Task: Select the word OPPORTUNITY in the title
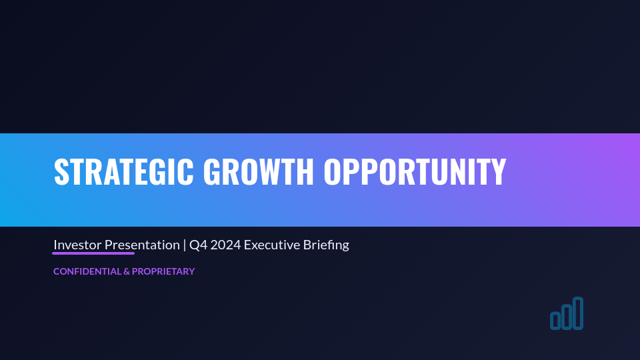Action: (x=415, y=172)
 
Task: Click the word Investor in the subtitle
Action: (x=77, y=245)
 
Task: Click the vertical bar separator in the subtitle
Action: (x=185, y=245)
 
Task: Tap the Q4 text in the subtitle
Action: (x=197, y=245)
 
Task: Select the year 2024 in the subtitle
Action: (x=223, y=245)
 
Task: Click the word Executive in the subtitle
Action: (x=269, y=245)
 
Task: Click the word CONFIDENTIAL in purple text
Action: (x=87, y=271)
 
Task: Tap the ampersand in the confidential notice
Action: (x=126, y=271)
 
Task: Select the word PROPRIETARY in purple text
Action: (x=163, y=271)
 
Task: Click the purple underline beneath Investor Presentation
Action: (x=93, y=253)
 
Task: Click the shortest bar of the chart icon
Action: (x=555, y=321)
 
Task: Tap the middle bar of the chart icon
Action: (x=566, y=317)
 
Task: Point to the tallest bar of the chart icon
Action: (x=578, y=313)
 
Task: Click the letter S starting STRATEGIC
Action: (x=61, y=172)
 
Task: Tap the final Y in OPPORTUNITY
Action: (x=498, y=172)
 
